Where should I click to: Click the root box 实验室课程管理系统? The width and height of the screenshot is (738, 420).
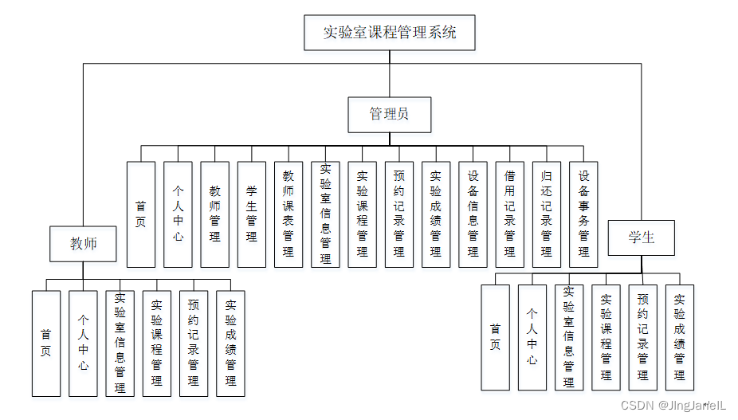[389, 33]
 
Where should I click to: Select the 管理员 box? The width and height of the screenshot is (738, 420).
[389, 114]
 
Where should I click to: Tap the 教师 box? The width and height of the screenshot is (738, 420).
[83, 242]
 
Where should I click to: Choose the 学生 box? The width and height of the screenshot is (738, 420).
[641, 237]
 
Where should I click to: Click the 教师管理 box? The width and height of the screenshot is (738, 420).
[214, 214]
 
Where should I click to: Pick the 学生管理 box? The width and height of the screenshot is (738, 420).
[251, 214]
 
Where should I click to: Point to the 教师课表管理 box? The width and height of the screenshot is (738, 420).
[288, 214]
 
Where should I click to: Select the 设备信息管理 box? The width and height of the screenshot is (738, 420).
[473, 214]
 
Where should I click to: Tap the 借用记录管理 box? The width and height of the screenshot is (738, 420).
[509, 214]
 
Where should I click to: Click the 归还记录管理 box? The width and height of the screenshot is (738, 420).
[546, 214]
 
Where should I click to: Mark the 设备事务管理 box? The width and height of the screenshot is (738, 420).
[583, 214]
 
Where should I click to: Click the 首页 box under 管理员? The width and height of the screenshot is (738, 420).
[140, 214]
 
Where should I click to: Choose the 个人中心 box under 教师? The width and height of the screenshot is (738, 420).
[83, 343]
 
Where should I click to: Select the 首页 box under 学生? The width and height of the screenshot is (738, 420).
[495, 337]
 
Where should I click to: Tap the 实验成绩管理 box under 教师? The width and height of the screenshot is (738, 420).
[230, 343]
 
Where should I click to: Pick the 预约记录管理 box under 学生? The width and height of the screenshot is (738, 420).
[642, 337]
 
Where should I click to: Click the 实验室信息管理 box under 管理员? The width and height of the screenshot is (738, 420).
[325, 214]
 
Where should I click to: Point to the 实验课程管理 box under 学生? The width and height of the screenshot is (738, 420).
[606, 337]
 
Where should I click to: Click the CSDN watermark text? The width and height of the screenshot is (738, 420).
[673, 405]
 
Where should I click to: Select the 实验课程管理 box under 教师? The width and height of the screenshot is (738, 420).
[157, 343]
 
